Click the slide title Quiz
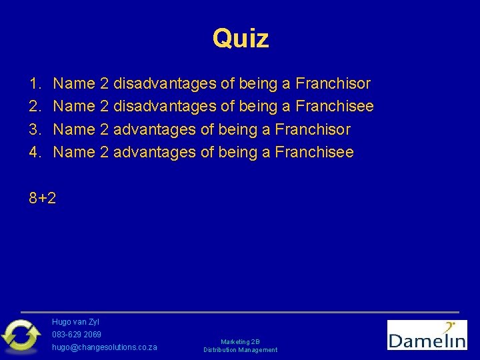pos(240,39)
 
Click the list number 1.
pos(34,84)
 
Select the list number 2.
pos(34,107)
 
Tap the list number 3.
pos(34,129)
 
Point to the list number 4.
pos(34,152)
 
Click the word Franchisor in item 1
pos(333,84)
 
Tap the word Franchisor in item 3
pos(313,129)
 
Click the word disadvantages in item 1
pos(165,84)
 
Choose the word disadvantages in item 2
pos(165,107)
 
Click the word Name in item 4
pos(73,152)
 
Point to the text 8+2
pos(43,198)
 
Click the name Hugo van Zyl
pos(75,322)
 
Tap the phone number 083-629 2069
pos(77,334)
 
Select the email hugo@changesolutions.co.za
pos(105,347)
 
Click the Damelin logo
pos(427,335)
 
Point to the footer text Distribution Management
pos(240,350)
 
